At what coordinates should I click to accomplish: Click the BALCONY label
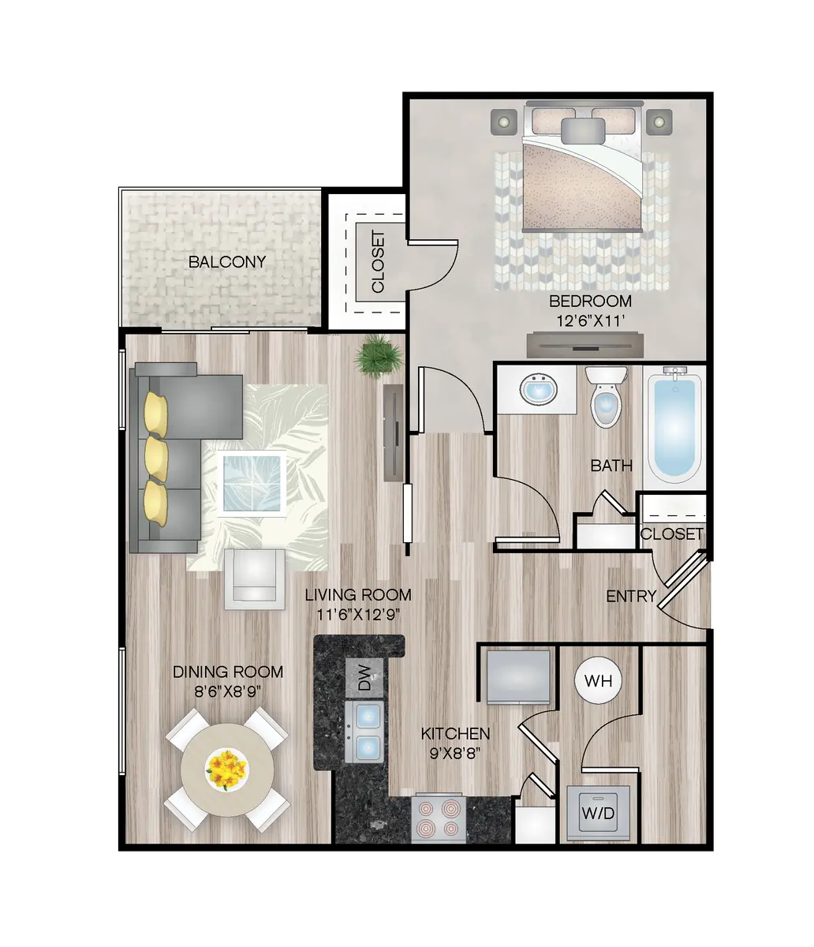point(227,262)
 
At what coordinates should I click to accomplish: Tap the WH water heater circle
point(598,679)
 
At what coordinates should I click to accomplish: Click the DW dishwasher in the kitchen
point(364,679)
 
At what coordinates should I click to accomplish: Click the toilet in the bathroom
point(607,399)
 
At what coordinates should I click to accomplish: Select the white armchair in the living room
point(254,579)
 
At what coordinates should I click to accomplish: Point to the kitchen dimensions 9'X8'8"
point(455,752)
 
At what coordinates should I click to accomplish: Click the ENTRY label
point(631,597)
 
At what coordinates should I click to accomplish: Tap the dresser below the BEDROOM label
point(584,345)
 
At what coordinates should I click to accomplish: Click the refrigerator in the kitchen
point(518,676)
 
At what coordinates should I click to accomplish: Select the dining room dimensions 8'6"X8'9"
point(228,691)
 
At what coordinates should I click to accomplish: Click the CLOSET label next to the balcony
point(377,261)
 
